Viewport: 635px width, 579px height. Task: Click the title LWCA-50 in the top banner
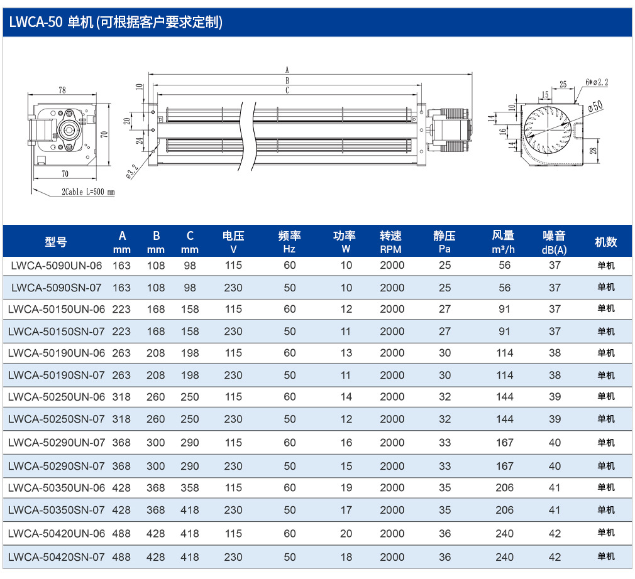36,22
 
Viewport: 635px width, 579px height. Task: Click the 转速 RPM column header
391,242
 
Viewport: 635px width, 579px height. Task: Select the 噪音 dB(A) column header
554,242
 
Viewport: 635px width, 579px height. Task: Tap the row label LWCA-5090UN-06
57,266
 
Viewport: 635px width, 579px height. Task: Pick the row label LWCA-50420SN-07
57,557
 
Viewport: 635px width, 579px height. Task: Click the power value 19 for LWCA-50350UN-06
346,487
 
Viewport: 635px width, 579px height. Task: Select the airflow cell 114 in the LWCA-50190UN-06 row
505,353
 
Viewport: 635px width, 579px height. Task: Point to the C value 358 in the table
190,487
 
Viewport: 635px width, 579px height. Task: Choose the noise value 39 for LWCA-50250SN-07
555,419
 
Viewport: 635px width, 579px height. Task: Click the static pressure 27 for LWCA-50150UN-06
444,309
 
